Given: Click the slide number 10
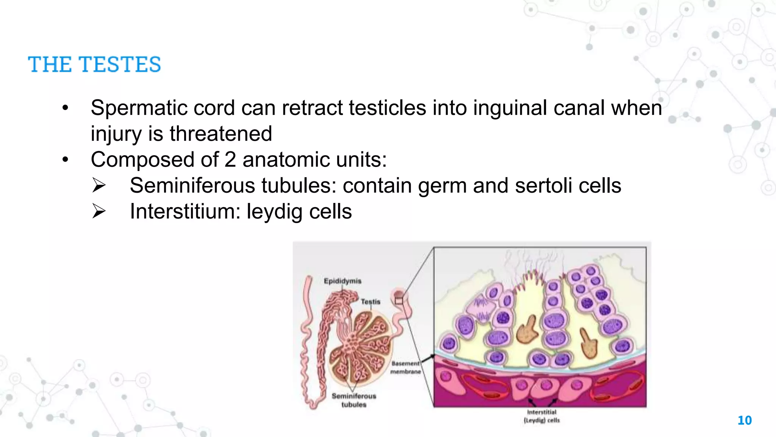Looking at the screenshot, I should pyautogui.click(x=745, y=420).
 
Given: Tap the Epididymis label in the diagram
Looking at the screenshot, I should pyautogui.click(x=343, y=281).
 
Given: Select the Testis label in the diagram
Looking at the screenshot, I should pyautogui.click(x=370, y=302).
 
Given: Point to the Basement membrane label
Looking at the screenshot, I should pyautogui.click(x=405, y=368).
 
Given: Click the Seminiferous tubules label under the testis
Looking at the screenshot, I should pyautogui.click(x=354, y=400).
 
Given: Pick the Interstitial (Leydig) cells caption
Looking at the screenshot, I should pyautogui.click(x=541, y=416).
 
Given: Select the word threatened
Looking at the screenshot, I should pyautogui.click(x=221, y=134).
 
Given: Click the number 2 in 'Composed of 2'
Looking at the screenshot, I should pyautogui.click(x=230, y=159).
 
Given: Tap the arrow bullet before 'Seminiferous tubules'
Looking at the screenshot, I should pyautogui.click(x=99, y=185).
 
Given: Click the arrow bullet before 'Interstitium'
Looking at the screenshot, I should pyautogui.click(x=99, y=211).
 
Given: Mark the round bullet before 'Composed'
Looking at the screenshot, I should pyautogui.click(x=66, y=160).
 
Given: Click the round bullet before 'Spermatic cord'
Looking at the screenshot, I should pyautogui.click(x=66, y=108).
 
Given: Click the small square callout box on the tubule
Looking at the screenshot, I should pyautogui.click(x=399, y=301).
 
